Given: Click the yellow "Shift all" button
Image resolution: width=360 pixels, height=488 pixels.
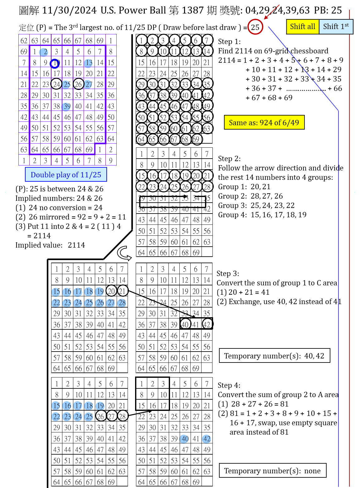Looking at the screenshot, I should point(302,27).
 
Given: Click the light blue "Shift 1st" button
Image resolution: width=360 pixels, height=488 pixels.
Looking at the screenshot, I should point(336,27).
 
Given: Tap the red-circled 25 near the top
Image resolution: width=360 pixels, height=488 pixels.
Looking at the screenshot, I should point(255,27).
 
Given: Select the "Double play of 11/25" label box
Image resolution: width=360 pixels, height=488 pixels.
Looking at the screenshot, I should point(66,175).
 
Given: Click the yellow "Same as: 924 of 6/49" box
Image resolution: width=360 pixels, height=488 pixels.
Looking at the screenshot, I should point(264,122).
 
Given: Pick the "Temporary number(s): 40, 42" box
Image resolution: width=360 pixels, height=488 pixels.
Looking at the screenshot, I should point(274,356).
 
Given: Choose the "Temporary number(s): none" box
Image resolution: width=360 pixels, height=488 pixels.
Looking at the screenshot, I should point(272,471).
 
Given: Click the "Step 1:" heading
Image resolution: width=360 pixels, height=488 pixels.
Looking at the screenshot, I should point(229,42).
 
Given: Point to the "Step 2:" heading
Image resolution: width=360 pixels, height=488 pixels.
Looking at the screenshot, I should point(229,159).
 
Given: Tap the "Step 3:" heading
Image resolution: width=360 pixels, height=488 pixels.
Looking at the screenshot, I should point(228,274).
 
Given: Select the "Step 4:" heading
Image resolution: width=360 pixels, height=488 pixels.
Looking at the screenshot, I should point(229,385).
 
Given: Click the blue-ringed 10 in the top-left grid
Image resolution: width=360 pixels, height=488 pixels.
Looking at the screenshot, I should point(55,63).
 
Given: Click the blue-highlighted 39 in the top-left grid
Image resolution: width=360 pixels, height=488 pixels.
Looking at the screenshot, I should point(66,106).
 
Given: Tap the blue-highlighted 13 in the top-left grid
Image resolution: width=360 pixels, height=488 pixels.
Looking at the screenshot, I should point(89,63).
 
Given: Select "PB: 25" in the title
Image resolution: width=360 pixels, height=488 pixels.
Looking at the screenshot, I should point(328,10).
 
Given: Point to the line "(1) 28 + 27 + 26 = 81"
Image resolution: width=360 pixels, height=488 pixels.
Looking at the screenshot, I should point(253,404).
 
